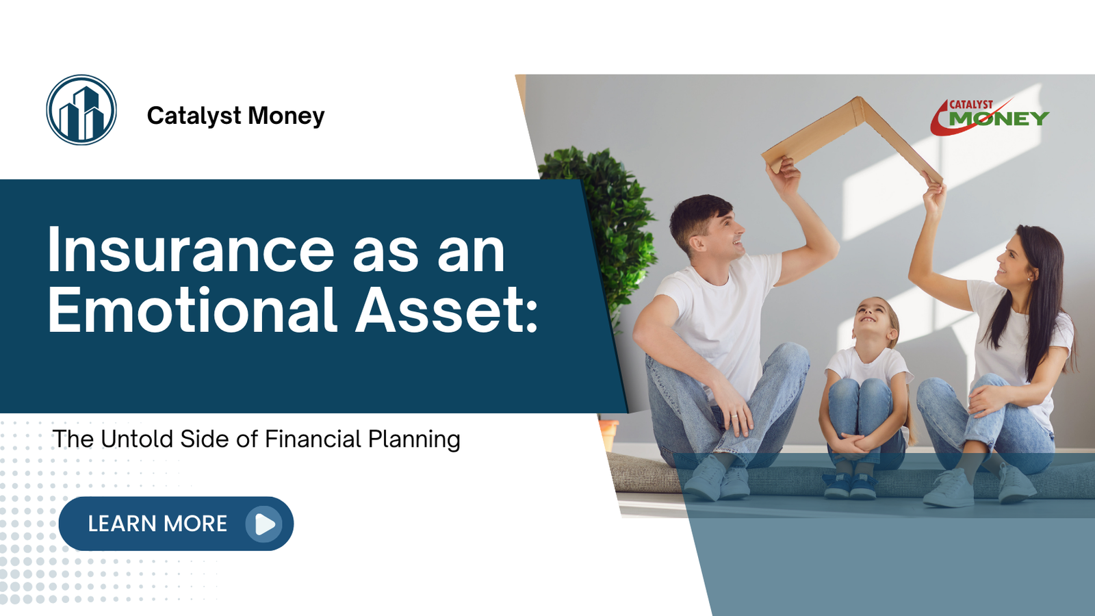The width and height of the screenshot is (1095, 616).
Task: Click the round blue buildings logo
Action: click(81, 110)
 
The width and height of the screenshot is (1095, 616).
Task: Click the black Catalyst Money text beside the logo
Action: click(235, 116)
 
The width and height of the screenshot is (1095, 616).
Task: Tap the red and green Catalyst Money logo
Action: click(989, 117)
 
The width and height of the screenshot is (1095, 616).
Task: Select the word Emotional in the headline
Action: click(192, 310)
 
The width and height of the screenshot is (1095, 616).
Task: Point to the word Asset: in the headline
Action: click(446, 310)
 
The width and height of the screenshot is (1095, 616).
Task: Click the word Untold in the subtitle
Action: click(137, 439)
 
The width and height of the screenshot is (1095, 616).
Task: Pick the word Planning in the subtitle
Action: click(414, 439)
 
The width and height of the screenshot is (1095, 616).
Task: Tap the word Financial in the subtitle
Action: click(313, 439)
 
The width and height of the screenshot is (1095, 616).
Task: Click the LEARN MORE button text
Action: click(157, 524)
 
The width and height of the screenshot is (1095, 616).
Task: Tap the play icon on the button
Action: click(264, 524)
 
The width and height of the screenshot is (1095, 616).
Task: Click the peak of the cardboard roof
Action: click(858, 101)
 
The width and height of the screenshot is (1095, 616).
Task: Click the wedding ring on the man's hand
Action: click(734, 415)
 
